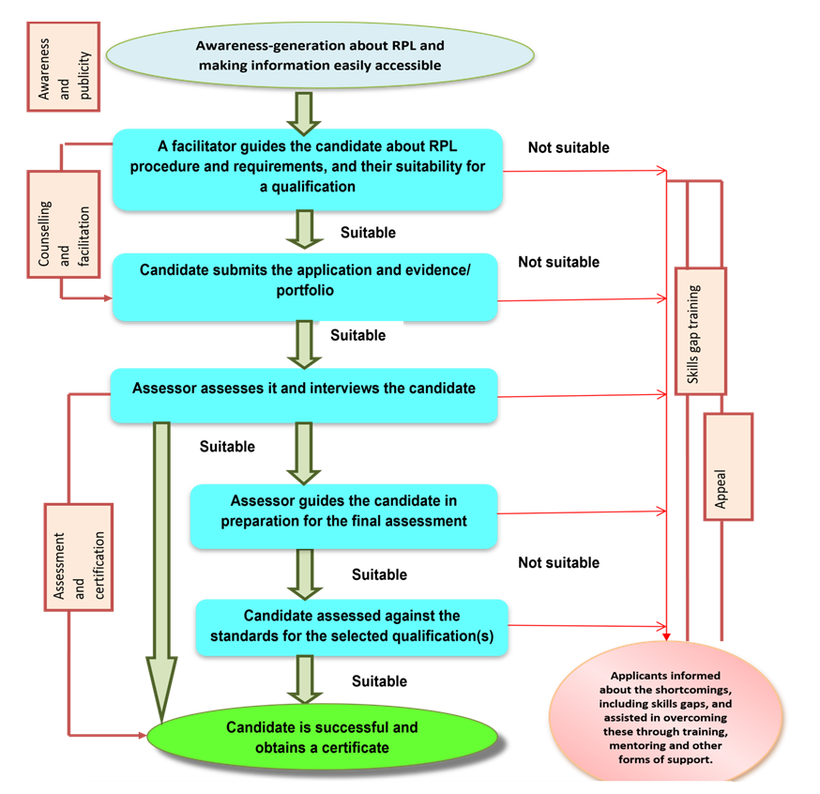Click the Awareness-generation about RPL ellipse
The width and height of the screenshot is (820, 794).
[x=319, y=55]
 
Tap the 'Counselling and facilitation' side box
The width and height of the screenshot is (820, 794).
[x=64, y=223]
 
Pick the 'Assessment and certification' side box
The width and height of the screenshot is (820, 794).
[x=80, y=557]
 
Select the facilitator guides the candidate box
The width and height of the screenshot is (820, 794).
[x=308, y=169]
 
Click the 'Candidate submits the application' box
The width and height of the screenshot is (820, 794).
[x=304, y=286]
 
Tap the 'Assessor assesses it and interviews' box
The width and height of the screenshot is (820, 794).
[x=303, y=395]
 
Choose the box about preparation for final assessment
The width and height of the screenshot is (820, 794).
[x=343, y=516]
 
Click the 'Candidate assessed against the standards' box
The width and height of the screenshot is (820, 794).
[x=351, y=628]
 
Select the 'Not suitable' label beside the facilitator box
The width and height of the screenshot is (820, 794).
[x=569, y=147]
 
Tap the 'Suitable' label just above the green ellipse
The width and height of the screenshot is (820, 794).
[x=379, y=680]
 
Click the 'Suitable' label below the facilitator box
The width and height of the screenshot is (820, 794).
[x=368, y=232]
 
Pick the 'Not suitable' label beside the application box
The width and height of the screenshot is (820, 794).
[x=558, y=262]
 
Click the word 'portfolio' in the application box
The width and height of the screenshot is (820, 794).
[x=304, y=291]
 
